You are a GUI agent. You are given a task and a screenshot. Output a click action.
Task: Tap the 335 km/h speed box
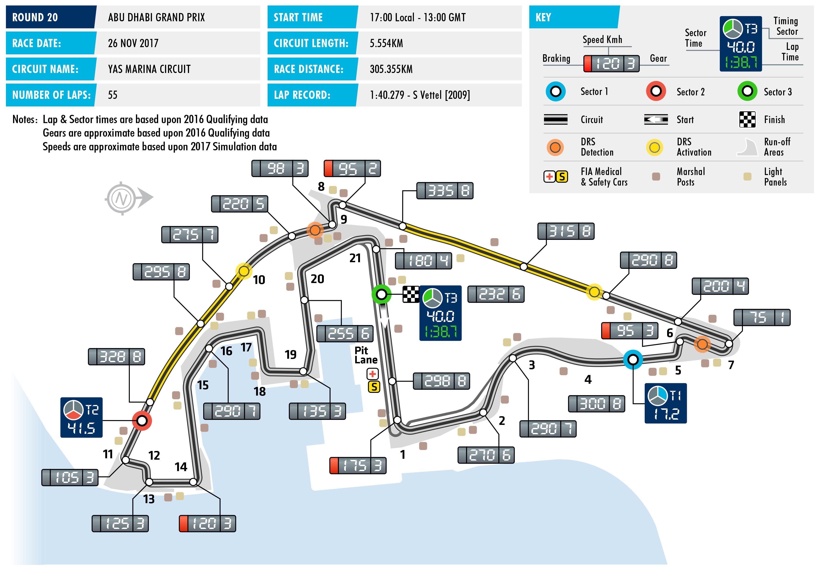coord(445,191)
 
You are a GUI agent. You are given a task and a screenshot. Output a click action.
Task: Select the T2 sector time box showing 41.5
coord(81,417)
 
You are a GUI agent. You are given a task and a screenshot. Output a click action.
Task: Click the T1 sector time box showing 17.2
coord(665,403)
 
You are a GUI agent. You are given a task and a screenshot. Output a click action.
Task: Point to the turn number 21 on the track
coord(355,258)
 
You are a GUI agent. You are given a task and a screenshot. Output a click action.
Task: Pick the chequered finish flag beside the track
coord(411,294)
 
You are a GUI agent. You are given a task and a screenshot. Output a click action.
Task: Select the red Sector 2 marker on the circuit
coord(142,421)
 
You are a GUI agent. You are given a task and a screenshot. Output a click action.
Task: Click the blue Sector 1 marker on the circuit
coord(633,359)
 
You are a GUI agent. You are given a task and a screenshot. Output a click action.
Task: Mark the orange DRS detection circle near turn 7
coord(702,344)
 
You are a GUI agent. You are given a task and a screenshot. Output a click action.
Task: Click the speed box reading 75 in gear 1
coord(762,317)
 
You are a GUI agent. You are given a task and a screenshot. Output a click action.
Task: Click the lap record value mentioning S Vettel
coord(420,95)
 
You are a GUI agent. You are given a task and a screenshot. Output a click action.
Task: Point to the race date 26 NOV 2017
coord(133,43)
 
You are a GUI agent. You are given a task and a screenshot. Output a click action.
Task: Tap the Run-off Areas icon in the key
coord(747,147)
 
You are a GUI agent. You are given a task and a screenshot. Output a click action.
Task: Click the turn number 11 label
coord(108,454)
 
